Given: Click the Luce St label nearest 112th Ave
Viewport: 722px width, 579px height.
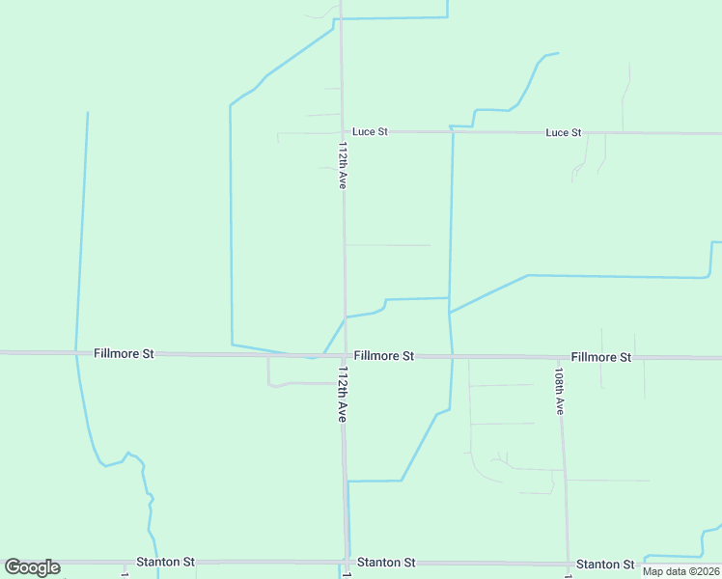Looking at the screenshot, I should pyautogui.click(x=370, y=131).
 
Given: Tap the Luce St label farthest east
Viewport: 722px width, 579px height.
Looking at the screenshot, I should pyautogui.click(x=564, y=132).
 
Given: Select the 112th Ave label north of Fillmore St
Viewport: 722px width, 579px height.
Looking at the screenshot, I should pyautogui.click(x=343, y=165).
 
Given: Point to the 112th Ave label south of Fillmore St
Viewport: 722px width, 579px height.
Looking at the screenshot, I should pyautogui.click(x=342, y=393).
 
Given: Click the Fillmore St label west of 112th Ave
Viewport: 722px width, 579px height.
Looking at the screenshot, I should pyautogui.click(x=125, y=354).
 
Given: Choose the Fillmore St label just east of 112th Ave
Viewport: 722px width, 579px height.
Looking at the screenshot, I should pyautogui.click(x=383, y=356).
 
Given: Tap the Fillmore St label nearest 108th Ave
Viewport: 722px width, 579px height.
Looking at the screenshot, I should pyautogui.click(x=600, y=357).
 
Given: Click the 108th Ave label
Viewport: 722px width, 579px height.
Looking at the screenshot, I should pyautogui.click(x=559, y=389).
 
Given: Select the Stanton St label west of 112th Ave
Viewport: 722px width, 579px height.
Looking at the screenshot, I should pyautogui.click(x=165, y=561).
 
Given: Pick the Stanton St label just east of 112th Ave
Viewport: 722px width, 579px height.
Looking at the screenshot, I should pyautogui.click(x=386, y=562).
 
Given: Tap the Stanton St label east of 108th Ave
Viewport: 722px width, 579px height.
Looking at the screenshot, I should pyautogui.click(x=605, y=564).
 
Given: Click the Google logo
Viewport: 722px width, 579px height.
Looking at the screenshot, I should pyautogui.click(x=32, y=567).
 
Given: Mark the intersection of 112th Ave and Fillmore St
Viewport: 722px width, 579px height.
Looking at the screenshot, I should pyautogui.click(x=344, y=355).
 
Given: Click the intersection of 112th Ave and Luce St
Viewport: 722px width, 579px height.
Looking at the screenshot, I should pyautogui.click(x=342, y=131).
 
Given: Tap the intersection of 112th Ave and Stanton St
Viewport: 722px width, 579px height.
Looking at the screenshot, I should pyautogui.click(x=347, y=562).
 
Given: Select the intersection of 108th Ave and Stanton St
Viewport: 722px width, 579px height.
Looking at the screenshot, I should pyautogui.click(x=568, y=564).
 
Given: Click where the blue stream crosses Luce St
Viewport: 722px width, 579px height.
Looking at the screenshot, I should pyautogui.click(x=452, y=131).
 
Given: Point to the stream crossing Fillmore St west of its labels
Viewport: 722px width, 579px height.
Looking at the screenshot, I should pyautogui.click(x=76, y=353).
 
